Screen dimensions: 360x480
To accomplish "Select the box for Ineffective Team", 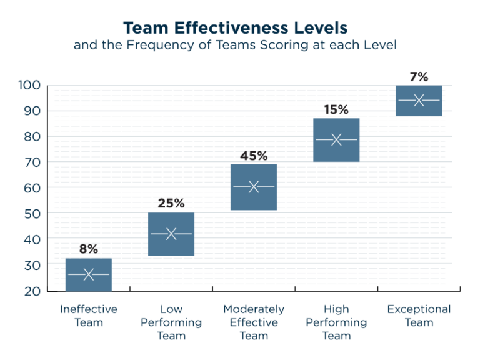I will (89, 274).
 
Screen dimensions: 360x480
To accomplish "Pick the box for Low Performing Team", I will (171, 234).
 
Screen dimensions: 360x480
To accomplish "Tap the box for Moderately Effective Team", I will (254, 187).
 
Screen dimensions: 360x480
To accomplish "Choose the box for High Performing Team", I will (336, 139).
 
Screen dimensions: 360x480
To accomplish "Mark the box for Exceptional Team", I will (419, 100).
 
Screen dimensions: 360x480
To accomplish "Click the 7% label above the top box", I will (419, 77).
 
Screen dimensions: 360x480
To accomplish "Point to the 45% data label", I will (253, 156).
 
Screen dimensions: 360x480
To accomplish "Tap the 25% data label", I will (171, 203).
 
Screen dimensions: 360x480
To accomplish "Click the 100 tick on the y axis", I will (29, 85).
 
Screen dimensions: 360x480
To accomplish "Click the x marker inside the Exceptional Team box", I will (419, 100).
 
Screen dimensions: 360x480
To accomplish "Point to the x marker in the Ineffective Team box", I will (89, 274).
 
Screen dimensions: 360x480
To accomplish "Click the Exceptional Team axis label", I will (419, 316).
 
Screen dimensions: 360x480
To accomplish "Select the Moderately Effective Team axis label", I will (254, 322).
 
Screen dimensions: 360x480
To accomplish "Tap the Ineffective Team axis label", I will (89, 316).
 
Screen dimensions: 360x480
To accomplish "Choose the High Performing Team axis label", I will (336, 322).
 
